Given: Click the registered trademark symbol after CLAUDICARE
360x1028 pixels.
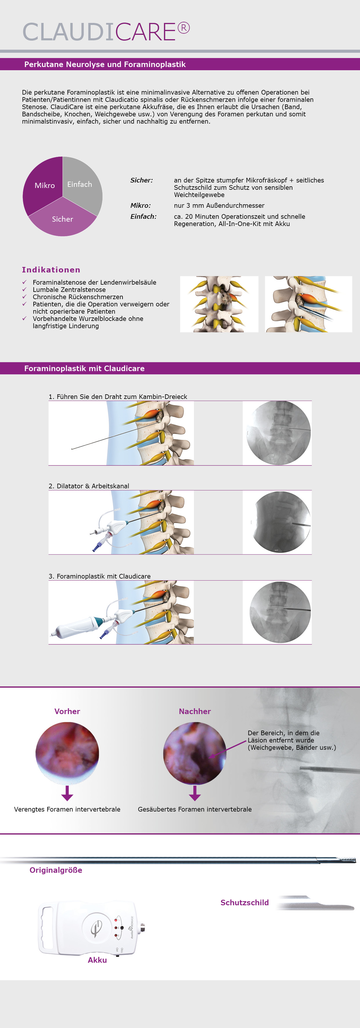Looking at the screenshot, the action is tap(183, 28).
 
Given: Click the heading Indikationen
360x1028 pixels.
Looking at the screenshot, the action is tap(51, 270).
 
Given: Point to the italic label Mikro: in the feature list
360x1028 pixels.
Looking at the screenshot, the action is tap(141, 205).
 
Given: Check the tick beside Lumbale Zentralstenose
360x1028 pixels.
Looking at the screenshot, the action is tap(24, 289).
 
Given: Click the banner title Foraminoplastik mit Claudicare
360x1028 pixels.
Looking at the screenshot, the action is tap(84, 368).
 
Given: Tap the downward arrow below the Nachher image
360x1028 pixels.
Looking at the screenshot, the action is tap(195, 793).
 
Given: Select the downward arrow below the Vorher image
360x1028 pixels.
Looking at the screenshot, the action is tap(67, 793).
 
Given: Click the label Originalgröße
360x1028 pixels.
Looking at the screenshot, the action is tap(56, 870).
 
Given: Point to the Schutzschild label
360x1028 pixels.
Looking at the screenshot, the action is tap(245, 903).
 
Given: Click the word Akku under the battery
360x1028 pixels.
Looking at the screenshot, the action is tap(97, 960).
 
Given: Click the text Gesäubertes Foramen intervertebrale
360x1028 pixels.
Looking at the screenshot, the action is tap(195, 809).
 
